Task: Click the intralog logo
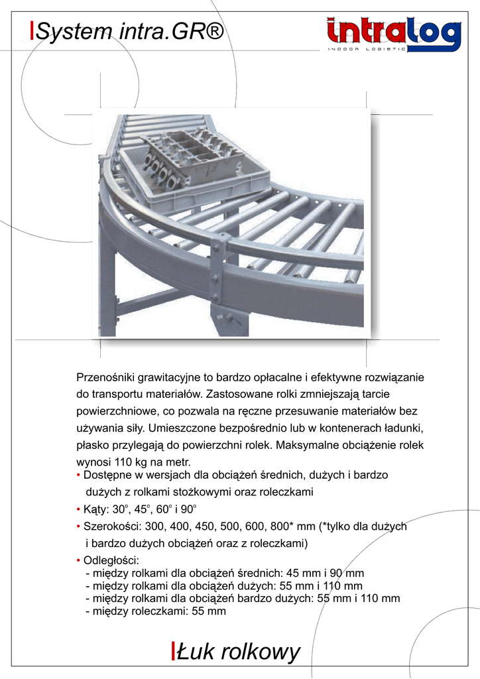pyautogui.click(x=394, y=34)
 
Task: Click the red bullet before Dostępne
pyautogui.click(x=79, y=476)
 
